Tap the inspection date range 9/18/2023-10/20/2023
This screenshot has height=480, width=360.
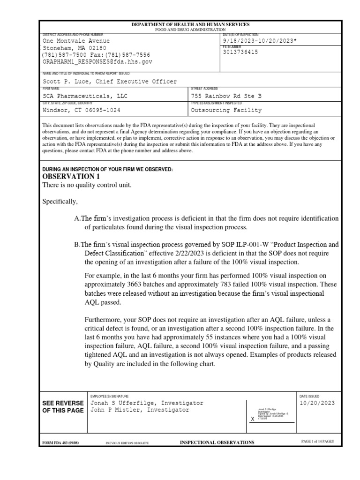coord(260,41)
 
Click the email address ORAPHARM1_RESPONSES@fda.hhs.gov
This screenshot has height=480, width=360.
coord(97,61)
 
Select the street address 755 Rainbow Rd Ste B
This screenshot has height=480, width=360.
coord(226,97)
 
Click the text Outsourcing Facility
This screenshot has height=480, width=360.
coord(226,111)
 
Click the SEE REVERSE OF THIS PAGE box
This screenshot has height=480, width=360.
coord(63,407)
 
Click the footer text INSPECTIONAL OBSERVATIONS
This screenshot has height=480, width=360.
coord(217,442)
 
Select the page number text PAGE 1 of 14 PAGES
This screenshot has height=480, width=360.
coord(317,442)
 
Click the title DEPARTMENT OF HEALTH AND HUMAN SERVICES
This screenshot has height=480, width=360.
coord(190,24)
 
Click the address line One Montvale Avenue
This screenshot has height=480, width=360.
coord(76,41)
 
